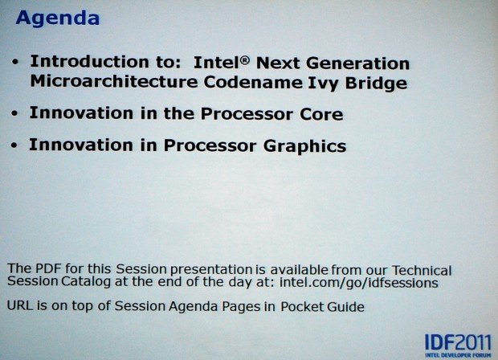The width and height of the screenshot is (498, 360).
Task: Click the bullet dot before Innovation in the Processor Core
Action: [x=15, y=115]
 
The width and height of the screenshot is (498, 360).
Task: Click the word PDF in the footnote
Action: [x=43, y=269]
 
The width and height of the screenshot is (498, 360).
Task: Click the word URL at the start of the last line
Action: [x=20, y=307]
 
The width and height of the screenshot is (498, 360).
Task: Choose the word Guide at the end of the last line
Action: [x=345, y=307]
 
